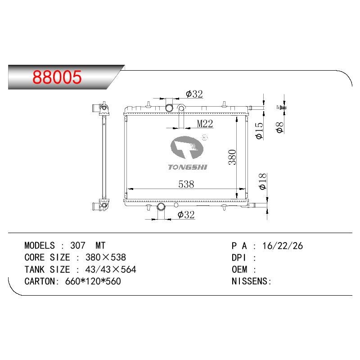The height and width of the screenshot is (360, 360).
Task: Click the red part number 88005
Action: coord(57,77)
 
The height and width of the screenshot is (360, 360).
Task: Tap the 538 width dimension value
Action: coord(186,184)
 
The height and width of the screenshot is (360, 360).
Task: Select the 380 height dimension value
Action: coord(232,157)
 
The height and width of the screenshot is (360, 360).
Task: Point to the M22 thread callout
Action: coord(205,124)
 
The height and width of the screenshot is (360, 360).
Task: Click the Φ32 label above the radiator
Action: coord(194,94)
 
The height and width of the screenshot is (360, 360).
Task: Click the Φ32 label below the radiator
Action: coord(186,215)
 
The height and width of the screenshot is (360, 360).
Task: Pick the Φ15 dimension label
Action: coord(259,130)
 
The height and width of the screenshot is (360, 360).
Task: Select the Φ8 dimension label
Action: coord(280,127)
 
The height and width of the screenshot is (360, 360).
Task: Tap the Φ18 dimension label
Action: coord(263,181)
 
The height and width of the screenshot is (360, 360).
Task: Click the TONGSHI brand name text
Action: coord(188,167)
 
